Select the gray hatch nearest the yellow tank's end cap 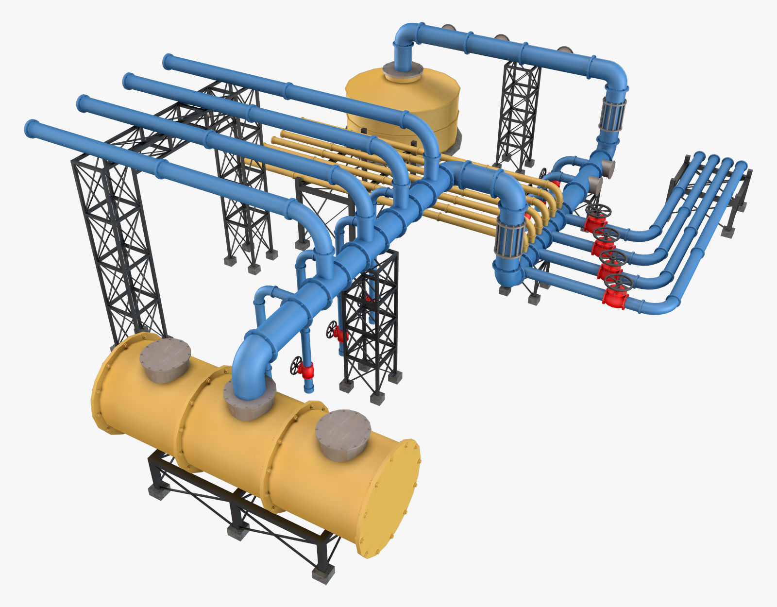point(343,435)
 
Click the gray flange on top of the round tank point(402,72)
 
